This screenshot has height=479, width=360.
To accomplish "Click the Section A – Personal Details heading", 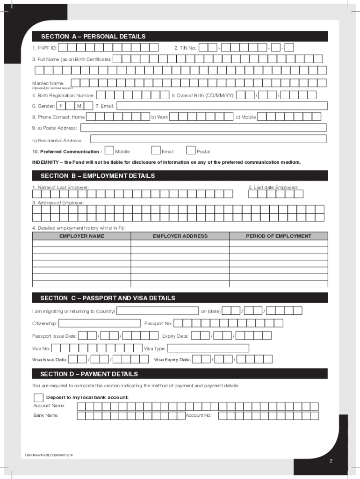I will pos(93,36).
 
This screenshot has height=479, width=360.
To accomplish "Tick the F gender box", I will pos(61,106).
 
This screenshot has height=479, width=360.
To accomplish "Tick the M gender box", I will pos(79,106).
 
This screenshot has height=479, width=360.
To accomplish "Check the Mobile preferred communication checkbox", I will pos(109,151).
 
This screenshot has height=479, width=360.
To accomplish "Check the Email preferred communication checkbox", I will pos(156,151).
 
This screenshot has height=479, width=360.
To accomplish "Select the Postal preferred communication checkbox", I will pos(191,151).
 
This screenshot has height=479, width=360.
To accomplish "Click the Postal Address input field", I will pos(204,128).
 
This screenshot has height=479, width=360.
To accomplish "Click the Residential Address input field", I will pos(208,139).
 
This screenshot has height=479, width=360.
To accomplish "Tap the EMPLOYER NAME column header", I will pos(81,236).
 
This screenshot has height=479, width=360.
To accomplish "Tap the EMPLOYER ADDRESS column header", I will pos(180,236).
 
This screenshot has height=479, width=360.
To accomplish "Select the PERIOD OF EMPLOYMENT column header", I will pos(278,236).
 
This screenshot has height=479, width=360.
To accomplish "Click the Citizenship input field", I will pos(99,323).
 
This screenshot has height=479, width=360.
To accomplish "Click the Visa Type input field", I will pos(208,348).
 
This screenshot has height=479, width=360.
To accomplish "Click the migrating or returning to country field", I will pos(158,311).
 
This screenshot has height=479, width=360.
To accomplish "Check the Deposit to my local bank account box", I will pos(38,398).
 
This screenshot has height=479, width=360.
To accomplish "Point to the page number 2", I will pos(331,462).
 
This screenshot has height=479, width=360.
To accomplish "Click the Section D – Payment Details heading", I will pos(89,374).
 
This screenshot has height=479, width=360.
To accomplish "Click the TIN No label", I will pos(185,48).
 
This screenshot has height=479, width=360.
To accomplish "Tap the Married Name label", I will pos(44,83).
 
